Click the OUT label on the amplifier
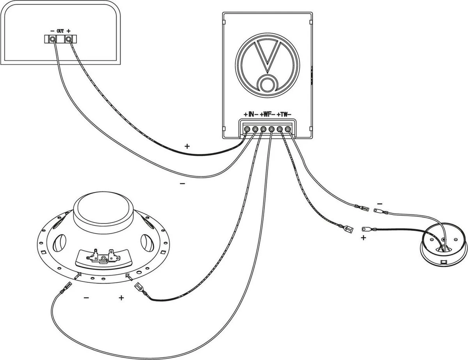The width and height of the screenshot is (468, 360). point(60,30)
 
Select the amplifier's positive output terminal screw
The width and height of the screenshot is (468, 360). point(69,39)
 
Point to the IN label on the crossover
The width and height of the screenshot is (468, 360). point(251,114)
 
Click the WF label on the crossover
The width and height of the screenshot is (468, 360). point(267,114)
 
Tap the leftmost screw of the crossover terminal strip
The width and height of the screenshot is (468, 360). point(247,129)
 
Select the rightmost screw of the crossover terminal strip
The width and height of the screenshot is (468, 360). point(288,129)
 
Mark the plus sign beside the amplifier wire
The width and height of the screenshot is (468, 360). point(187,146)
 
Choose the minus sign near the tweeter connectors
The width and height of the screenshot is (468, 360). point(379,203)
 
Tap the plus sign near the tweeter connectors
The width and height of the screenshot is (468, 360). point(363,237)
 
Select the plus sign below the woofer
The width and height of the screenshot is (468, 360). point(121,298)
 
